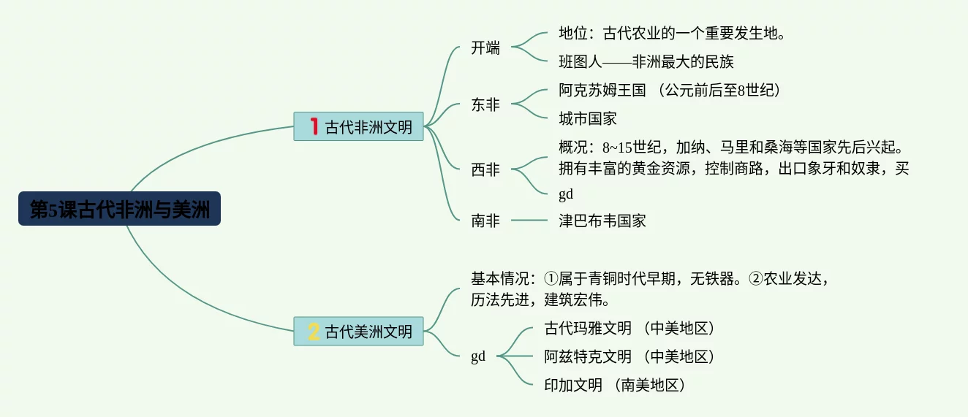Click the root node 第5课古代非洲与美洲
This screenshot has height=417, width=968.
tap(119, 210)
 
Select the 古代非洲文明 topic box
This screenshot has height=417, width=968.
tap(358, 126)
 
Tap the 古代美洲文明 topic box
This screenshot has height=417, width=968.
tap(358, 332)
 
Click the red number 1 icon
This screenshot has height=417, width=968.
tap(314, 126)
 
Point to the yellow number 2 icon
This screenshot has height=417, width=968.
tap(314, 332)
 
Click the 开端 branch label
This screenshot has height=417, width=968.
tap(485, 48)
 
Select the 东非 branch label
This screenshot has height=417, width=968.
tap(485, 105)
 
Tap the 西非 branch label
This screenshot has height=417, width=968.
tap(485, 170)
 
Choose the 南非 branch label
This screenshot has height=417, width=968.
tap(485, 220)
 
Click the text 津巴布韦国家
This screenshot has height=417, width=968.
tap(602, 220)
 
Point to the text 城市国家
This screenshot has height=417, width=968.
tap(588, 118)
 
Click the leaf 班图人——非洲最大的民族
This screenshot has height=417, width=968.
tap(646, 61)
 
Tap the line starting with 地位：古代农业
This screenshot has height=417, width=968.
tap(672, 34)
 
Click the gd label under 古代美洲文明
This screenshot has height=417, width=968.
tap(478, 357)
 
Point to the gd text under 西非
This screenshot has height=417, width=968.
tap(566, 194)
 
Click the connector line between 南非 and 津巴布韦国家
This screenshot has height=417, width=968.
tap(529, 220)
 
